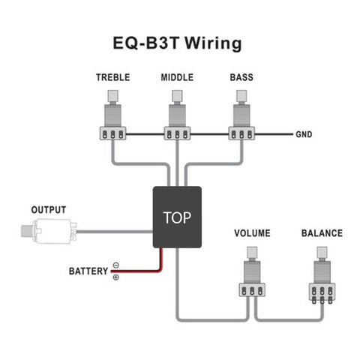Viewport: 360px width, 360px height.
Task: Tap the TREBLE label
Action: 112,78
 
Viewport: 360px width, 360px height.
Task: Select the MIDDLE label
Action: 177,78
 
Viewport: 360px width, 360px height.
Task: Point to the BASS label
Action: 241,78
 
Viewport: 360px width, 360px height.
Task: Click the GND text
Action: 303,135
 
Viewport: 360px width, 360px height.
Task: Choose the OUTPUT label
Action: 48,209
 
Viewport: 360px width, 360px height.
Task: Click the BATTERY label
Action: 88,271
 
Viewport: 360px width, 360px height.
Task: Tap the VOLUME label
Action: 252,233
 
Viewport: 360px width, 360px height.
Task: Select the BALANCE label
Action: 321,233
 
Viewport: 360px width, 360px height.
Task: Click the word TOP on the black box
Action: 177,217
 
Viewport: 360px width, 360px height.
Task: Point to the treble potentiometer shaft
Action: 113,97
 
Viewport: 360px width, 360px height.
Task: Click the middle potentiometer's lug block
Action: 177,134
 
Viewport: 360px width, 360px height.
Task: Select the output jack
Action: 45,232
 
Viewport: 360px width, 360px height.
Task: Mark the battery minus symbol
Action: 115,265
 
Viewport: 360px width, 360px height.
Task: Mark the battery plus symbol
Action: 115,277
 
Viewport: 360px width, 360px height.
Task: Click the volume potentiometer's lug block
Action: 252,289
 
